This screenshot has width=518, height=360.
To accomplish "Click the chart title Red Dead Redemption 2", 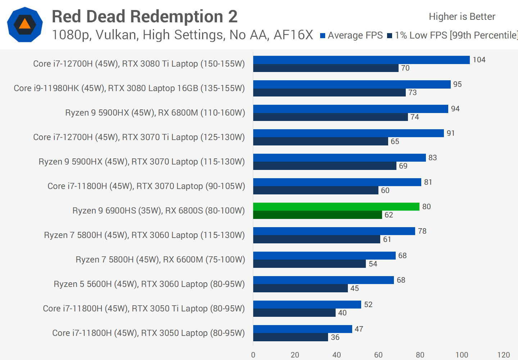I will [x=145, y=17].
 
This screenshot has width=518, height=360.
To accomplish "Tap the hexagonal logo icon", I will [x=25, y=24].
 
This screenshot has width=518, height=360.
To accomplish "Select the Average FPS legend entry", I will [x=351, y=35].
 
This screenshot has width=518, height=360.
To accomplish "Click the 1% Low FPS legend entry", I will [x=453, y=35].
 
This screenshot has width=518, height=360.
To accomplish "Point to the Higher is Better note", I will [x=462, y=17].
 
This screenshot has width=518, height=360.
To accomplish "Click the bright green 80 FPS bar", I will [x=336, y=207].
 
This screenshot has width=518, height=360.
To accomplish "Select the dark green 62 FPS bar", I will [x=317, y=215].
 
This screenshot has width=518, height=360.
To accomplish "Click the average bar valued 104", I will [x=361, y=60].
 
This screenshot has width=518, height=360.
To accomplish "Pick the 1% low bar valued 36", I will [x=290, y=337].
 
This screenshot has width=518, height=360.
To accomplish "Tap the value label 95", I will [x=457, y=84].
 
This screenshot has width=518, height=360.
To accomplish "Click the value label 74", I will [x=415, y=117].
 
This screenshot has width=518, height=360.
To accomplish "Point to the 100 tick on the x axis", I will [x=462, y=355].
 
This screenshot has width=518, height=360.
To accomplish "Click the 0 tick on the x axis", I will [x=253, y=355].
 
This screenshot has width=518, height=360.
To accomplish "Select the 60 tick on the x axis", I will [x=378, y=355].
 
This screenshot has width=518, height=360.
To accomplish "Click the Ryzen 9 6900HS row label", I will [x=158, y=211].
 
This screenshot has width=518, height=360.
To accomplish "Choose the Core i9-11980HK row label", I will [x=129, y=88].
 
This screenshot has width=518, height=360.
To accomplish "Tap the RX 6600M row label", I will [x=160, y=260].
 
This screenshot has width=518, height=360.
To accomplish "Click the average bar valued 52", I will [x=307, y=305].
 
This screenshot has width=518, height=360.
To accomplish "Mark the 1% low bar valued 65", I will [x=321, y=141].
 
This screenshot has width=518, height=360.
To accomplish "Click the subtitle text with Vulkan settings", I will [x=182, y=35].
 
